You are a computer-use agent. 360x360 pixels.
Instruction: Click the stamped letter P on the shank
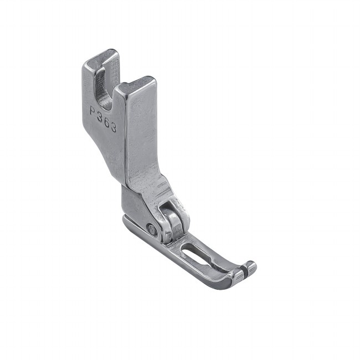(93, 111)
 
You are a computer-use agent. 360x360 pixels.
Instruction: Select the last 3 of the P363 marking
(113, 127)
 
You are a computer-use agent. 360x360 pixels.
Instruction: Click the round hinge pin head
(151, 228)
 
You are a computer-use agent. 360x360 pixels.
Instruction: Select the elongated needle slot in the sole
(196, 253)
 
